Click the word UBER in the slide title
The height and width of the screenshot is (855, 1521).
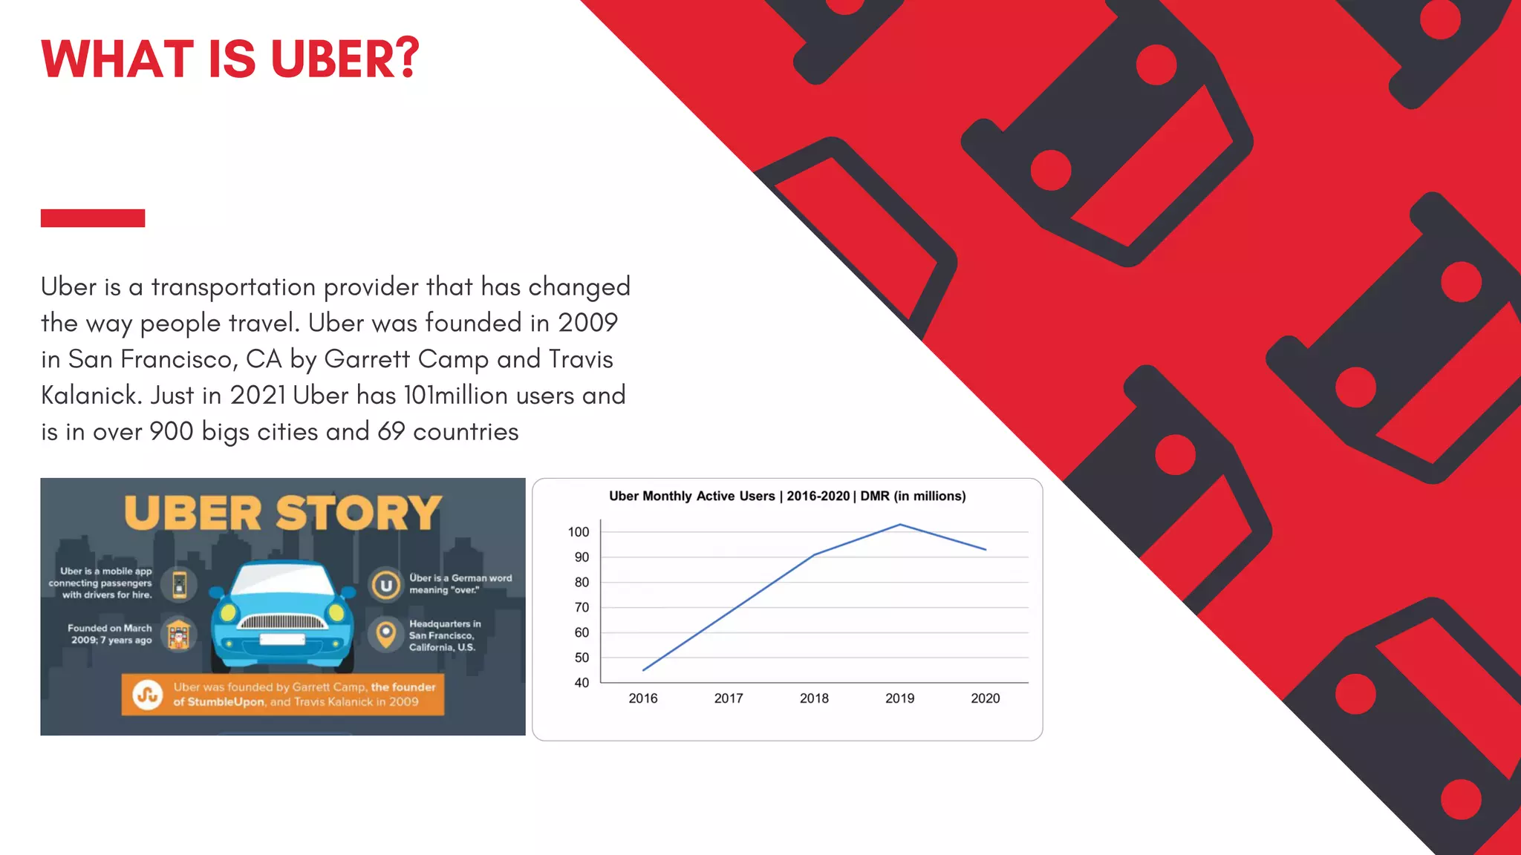click(345, 59)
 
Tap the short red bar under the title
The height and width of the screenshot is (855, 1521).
click(93, 218)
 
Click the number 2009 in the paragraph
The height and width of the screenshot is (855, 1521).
click(587, 323)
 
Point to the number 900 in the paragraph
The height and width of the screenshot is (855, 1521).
click(172, 432)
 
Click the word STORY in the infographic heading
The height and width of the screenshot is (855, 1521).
click(359, 513)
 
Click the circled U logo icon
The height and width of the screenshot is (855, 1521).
click(386, 585)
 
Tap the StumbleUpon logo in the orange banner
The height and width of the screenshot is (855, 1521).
click(148, 695)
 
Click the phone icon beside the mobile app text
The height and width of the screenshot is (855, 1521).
click(180, 584)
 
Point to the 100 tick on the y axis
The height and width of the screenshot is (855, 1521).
click(579, 532)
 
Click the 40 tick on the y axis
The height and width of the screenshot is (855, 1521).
click(582, 683)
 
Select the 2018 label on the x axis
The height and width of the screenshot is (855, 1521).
click(814, 698)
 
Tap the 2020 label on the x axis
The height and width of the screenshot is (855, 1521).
click(986, 698)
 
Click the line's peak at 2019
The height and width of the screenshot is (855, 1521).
click(900, 525)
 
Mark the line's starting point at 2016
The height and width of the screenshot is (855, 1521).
click(643, 670)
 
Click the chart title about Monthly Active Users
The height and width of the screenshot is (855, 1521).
click(787, 497)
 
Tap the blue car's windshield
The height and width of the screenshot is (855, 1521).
click(282, 580)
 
